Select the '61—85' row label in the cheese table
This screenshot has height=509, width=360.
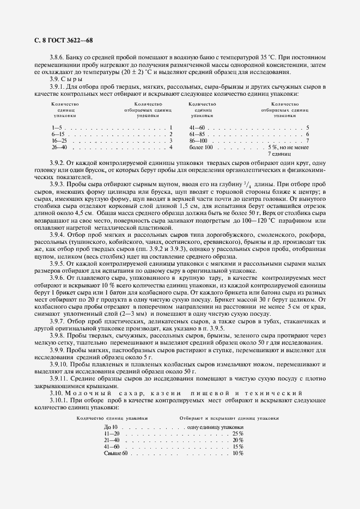pyautogui.click(x=197, y=134)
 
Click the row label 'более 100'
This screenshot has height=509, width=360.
pyautogui.click(x=200, y=147)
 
